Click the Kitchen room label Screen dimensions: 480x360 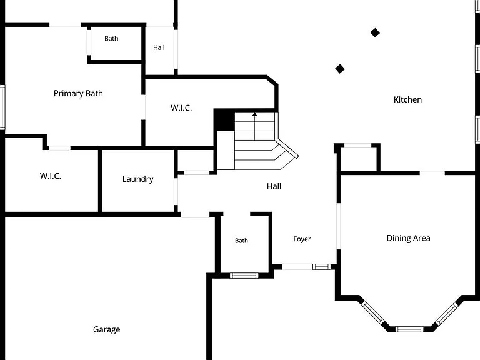[407, 99]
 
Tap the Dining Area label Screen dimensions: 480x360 [408, 238]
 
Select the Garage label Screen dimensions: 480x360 [106, 330]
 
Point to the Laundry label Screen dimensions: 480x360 [137, 179]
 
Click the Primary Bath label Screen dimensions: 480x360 [78, 93]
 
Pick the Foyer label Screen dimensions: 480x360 [302, 239]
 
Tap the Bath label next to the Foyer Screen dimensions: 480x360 [241, 241]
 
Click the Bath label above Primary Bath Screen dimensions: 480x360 [111, 39]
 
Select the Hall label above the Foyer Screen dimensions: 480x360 [274, 186]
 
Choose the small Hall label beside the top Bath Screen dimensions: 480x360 [159, 47]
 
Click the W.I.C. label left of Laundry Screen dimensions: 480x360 [51, 176]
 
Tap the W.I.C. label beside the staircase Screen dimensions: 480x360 [181, 107]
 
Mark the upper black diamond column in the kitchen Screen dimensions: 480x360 [375, 32]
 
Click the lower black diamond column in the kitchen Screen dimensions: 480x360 [340, 69]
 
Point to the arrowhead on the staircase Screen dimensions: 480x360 [255, 114]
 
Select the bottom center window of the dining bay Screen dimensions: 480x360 [409, 329]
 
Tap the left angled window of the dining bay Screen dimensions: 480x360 [373, 312]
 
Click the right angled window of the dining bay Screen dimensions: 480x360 [447, 314]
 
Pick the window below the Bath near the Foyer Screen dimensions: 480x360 [244, 276]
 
